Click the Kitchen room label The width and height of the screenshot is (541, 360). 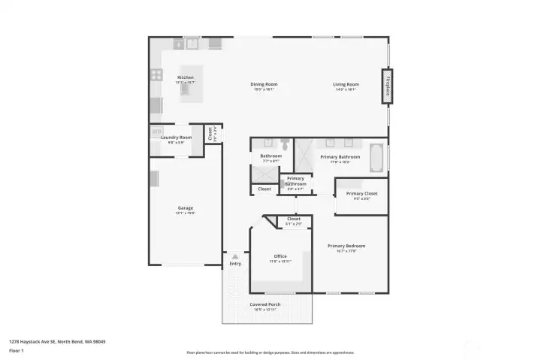(x=186, y=77)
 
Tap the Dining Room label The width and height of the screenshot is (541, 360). (x=264, y=84)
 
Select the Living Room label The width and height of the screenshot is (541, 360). (x=346, y=84)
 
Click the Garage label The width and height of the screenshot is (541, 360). (x=186, y=208)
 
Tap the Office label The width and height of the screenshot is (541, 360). (x=280, y=256)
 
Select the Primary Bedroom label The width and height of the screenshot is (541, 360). (x=346, y=246)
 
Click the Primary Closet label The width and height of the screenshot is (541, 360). (x=362, y=194)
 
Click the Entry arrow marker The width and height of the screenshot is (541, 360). (x=235, y=257)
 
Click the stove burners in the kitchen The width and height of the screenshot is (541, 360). (x=157, y=74)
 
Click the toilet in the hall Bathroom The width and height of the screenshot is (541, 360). (x=286, y=142)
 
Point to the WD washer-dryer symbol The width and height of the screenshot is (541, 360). (x=157, y=133)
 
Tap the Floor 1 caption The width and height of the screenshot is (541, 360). (x=17, y=350)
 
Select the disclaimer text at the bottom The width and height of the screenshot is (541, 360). (x=270, y=352)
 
